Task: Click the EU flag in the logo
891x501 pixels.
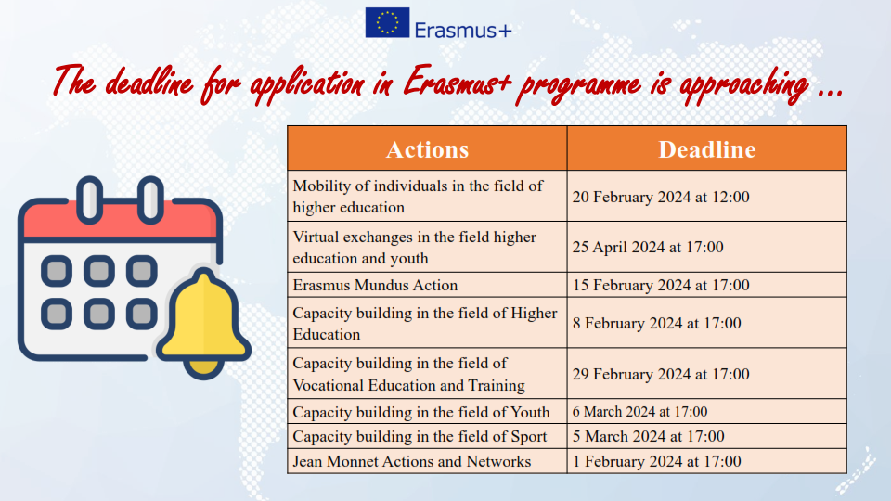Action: (x=387, y=22)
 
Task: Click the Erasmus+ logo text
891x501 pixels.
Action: (x=463, y=30)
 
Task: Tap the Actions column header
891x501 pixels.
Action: (x=427, y=148)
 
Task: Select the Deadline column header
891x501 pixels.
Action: (x=707, y=148)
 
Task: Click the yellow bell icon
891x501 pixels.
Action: (x=203, y=322)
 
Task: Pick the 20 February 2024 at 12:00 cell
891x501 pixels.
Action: (x=707, y=197)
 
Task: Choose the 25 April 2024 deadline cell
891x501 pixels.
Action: (x=707, y=247)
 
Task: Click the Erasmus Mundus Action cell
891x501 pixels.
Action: (x=427, y=285)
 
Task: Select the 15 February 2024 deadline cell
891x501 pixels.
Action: (x=707, y=285)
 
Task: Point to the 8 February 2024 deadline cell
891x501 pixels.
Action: (x=707, y=323)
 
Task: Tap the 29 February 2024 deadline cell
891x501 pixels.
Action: (x=707, y=374)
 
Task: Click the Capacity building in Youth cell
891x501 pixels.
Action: (x=427, y=411)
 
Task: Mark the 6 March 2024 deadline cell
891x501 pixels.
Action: (x=707, y=411)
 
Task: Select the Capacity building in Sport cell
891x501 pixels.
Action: (x=427, y=436)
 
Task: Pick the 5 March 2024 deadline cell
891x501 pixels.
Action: (x=707, y=436)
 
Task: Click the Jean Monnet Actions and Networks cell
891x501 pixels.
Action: (x=427, y=461)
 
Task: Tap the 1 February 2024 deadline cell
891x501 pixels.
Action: (x=707, y=461)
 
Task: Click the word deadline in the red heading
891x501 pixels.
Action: (x=149, y=83)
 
